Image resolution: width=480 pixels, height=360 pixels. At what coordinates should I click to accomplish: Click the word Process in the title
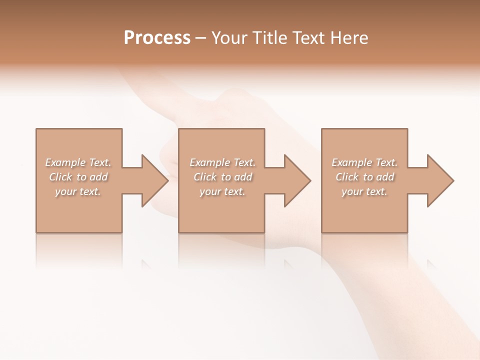coord(157,38)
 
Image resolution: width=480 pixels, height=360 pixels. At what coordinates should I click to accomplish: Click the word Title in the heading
coord(269,38)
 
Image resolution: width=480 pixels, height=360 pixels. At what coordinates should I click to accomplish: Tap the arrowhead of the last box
coord(439,180)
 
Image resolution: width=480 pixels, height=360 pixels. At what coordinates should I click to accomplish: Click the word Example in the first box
coord(65,162)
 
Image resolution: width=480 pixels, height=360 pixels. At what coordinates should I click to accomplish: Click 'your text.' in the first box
coord(78,191)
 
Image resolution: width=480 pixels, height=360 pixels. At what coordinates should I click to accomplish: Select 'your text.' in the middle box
coord(222,191)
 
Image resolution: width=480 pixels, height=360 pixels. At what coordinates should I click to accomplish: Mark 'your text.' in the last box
coord(364,191)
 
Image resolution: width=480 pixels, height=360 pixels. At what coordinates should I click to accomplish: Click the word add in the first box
coord(99,177)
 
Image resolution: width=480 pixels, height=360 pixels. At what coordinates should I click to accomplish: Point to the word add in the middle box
coord(243,177)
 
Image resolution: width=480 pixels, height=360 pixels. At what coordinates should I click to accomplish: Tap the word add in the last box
coord(385,177)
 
